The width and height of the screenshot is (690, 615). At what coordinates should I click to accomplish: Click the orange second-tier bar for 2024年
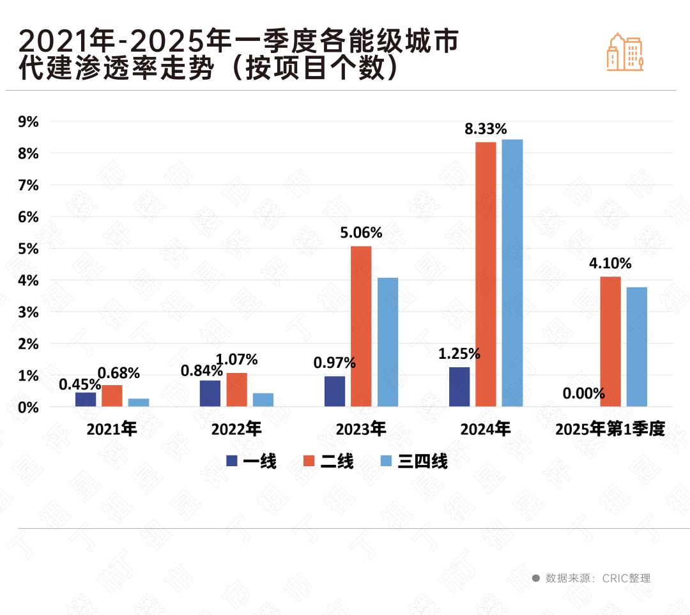[x=486, y=274]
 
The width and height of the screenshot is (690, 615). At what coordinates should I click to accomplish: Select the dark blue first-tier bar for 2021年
[x=86, y=399]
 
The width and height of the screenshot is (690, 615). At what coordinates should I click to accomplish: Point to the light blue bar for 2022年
[x=263, y=400]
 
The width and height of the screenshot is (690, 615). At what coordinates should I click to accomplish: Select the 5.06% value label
[x=361, y=233]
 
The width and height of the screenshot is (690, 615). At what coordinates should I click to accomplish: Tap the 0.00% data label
[x=583, y=393]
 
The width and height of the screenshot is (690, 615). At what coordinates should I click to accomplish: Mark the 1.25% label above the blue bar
[x=459, y=354]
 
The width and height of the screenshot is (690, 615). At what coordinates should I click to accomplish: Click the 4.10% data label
[x=610, y=263]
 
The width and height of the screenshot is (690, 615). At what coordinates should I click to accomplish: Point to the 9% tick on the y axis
[x=28, y=121]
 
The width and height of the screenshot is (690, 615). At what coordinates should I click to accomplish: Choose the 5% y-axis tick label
[x=28, y=248]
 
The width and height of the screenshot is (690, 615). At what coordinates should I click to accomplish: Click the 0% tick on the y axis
[x=28, y=407]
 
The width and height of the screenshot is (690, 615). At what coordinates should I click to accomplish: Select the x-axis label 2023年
[x=361, y=429]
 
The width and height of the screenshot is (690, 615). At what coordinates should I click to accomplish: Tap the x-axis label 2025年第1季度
[x=610, y=429]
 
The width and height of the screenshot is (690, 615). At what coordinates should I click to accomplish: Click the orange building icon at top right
[x=625, y=52]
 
